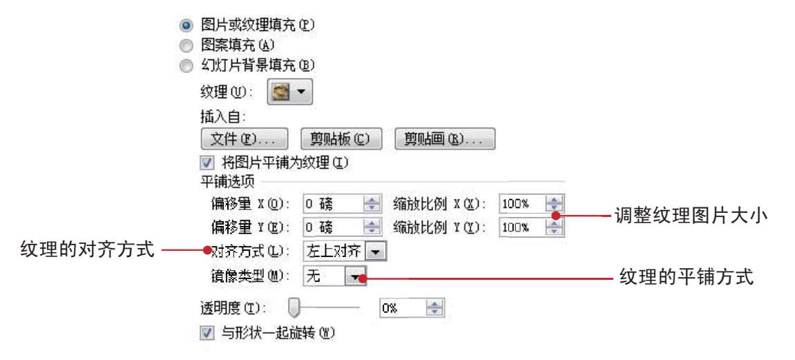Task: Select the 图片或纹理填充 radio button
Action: [185, 26]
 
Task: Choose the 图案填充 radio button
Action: [185, 46]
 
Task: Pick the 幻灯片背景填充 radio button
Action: [185, 66]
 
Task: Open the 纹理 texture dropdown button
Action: [289, 91]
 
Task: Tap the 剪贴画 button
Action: [444, 139]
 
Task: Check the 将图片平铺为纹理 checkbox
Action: [206, 164]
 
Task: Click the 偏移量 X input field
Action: [334, 204]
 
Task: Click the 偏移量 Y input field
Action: [334, 227]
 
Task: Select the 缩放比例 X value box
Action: [521, 204]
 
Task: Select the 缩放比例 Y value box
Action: [521, 227]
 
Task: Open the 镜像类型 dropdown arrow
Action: [356, 276]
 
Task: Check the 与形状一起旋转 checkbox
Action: [206, 333]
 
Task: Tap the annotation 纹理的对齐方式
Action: [86, 249]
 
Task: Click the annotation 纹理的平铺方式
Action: [686, 278]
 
